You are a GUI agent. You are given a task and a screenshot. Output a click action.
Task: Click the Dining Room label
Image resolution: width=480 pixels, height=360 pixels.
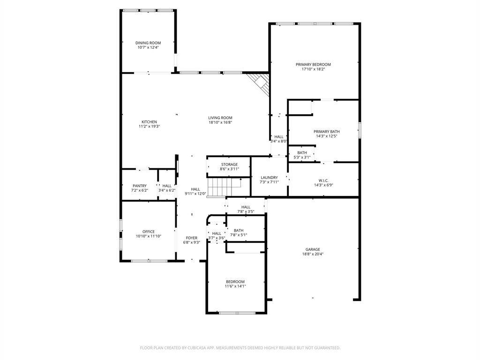point(148,43)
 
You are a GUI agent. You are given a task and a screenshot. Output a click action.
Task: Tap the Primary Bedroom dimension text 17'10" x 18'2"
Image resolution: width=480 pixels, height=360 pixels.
point(313,69)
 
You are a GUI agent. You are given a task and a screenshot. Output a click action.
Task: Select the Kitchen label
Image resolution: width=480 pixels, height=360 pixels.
point(149,122)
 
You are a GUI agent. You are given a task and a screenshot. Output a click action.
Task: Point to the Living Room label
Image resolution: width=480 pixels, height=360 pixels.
point(220,118)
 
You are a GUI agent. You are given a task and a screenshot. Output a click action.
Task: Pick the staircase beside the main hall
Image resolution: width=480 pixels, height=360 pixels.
point(224,187)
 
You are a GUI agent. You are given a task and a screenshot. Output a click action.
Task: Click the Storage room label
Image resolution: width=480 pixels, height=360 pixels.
point(229,165)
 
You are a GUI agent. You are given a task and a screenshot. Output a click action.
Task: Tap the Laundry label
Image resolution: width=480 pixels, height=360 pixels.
point(269,178)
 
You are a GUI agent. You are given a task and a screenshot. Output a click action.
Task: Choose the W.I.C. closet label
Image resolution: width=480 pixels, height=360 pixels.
point(323,180)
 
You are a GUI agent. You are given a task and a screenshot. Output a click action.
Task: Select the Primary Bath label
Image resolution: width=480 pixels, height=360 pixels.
point(326,132)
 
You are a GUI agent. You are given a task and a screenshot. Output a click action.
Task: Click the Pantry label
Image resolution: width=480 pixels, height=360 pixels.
point(140,186)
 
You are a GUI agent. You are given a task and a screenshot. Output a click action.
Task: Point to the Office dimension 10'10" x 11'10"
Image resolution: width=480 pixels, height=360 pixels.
point(149,236)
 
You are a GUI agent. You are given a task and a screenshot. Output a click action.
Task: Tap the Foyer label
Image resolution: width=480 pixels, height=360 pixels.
point(192,238)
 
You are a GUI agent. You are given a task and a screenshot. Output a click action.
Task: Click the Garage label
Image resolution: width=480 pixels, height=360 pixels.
point(313,249)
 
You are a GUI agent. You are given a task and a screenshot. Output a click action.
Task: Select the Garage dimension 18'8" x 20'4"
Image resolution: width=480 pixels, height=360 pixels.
point(313,254)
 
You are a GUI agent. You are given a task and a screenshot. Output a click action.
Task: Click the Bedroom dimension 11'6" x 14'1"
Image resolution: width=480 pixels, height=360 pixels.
point(235,286)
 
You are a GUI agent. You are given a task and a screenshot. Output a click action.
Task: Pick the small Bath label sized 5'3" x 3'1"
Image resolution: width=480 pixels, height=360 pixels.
point(302,153)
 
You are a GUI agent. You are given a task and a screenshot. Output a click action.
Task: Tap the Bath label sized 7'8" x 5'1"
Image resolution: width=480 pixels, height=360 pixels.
point(239,231)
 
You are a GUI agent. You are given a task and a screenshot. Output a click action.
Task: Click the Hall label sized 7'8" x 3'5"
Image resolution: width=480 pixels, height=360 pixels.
point(246,207)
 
